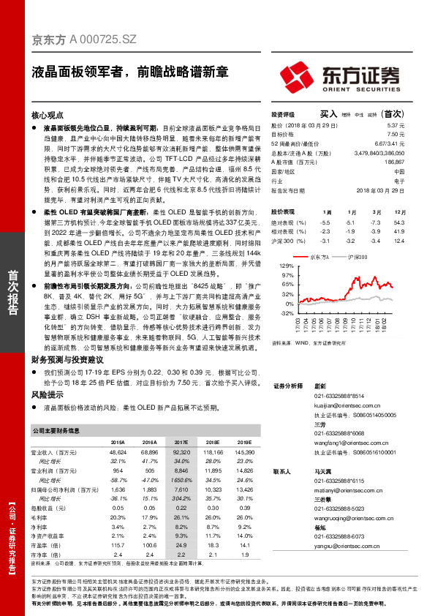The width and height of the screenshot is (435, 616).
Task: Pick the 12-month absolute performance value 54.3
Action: (398, 222)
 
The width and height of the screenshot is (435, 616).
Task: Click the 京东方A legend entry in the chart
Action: (319, 258)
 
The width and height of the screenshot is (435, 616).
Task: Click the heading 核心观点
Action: (48, 116)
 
